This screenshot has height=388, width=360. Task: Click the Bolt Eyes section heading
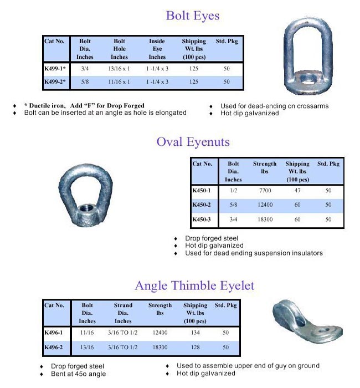tap(193, 16)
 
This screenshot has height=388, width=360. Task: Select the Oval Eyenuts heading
tap(193, 142)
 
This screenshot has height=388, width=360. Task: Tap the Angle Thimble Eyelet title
tap(194, 285)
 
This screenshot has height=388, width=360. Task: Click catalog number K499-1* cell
tap(55, 69)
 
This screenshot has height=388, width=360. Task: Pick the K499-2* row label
tap(55, 82)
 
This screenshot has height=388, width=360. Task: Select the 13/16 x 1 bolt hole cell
tap(119, 69)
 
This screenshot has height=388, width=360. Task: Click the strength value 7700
tap(265, 191)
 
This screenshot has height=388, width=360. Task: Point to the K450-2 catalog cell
tap(202, 205)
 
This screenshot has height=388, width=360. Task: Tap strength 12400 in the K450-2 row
tap(265, 205)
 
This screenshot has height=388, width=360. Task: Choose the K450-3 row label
tap(202, 219)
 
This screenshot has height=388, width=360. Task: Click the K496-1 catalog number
tap(54, 333)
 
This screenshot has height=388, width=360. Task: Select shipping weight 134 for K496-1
tap(195, 333)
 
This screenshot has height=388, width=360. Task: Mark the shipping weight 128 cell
tap(195, 347)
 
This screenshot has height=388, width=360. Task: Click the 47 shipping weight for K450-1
tap(297, 191)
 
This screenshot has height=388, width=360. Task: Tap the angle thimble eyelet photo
tap(307, 321)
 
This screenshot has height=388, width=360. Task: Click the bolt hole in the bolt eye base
tap(305, 75)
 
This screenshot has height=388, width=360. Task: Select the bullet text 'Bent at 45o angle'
tap(78, 374)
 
